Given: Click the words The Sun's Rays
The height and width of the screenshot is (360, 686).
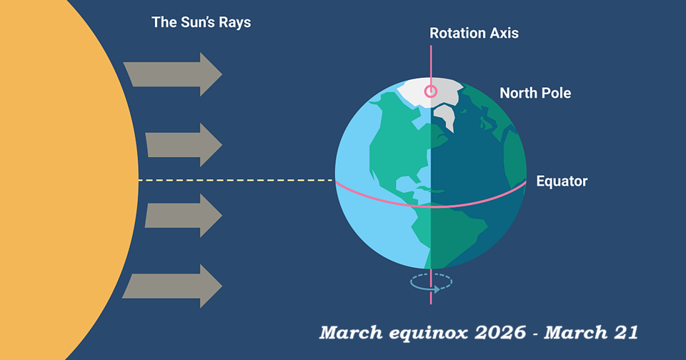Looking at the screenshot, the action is coord(202,22).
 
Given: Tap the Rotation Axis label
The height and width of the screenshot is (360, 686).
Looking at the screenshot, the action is coord(474,34).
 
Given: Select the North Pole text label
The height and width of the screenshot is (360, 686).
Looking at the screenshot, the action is coord(535,93).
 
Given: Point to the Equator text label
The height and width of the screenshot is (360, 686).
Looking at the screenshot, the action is coord(562,181).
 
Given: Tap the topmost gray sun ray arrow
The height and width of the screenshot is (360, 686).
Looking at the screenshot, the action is coord(172,74).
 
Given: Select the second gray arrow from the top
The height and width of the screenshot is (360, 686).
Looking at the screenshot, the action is coord(184,145).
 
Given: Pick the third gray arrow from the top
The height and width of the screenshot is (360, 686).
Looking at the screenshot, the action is coord(184,216).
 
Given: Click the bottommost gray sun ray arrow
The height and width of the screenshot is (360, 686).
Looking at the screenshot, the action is coord(172,286).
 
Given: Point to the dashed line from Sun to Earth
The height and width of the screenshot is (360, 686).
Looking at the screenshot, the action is coord(237,180).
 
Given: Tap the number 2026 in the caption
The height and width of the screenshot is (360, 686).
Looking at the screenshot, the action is coord(500,333).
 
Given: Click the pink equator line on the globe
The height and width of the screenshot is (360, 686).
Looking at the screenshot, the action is coord(431,206).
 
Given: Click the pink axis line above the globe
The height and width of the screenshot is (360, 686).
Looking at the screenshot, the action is coord(431,61).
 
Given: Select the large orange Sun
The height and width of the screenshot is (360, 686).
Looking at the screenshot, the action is coord(66,180).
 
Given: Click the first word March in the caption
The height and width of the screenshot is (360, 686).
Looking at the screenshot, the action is coord(351,333).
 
